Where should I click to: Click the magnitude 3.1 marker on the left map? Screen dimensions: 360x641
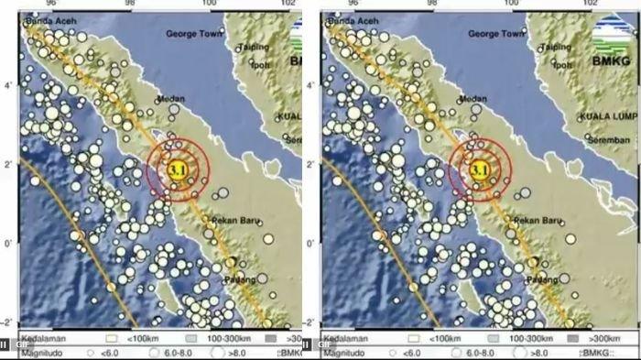click(179, 169)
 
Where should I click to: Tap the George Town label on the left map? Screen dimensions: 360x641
click(194, 34)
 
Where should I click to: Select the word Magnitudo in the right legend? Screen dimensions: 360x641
click(342, 350)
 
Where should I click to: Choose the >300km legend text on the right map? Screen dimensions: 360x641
click(622, 337)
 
